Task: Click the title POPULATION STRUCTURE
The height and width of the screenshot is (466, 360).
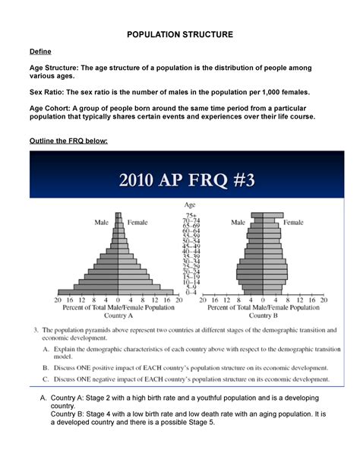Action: pos(179,35)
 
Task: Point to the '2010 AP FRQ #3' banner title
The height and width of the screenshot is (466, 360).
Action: pos(180,182)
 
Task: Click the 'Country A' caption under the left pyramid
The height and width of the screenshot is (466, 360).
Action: pos(117,315)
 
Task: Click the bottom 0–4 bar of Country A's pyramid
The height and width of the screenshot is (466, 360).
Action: pos(118,292)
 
